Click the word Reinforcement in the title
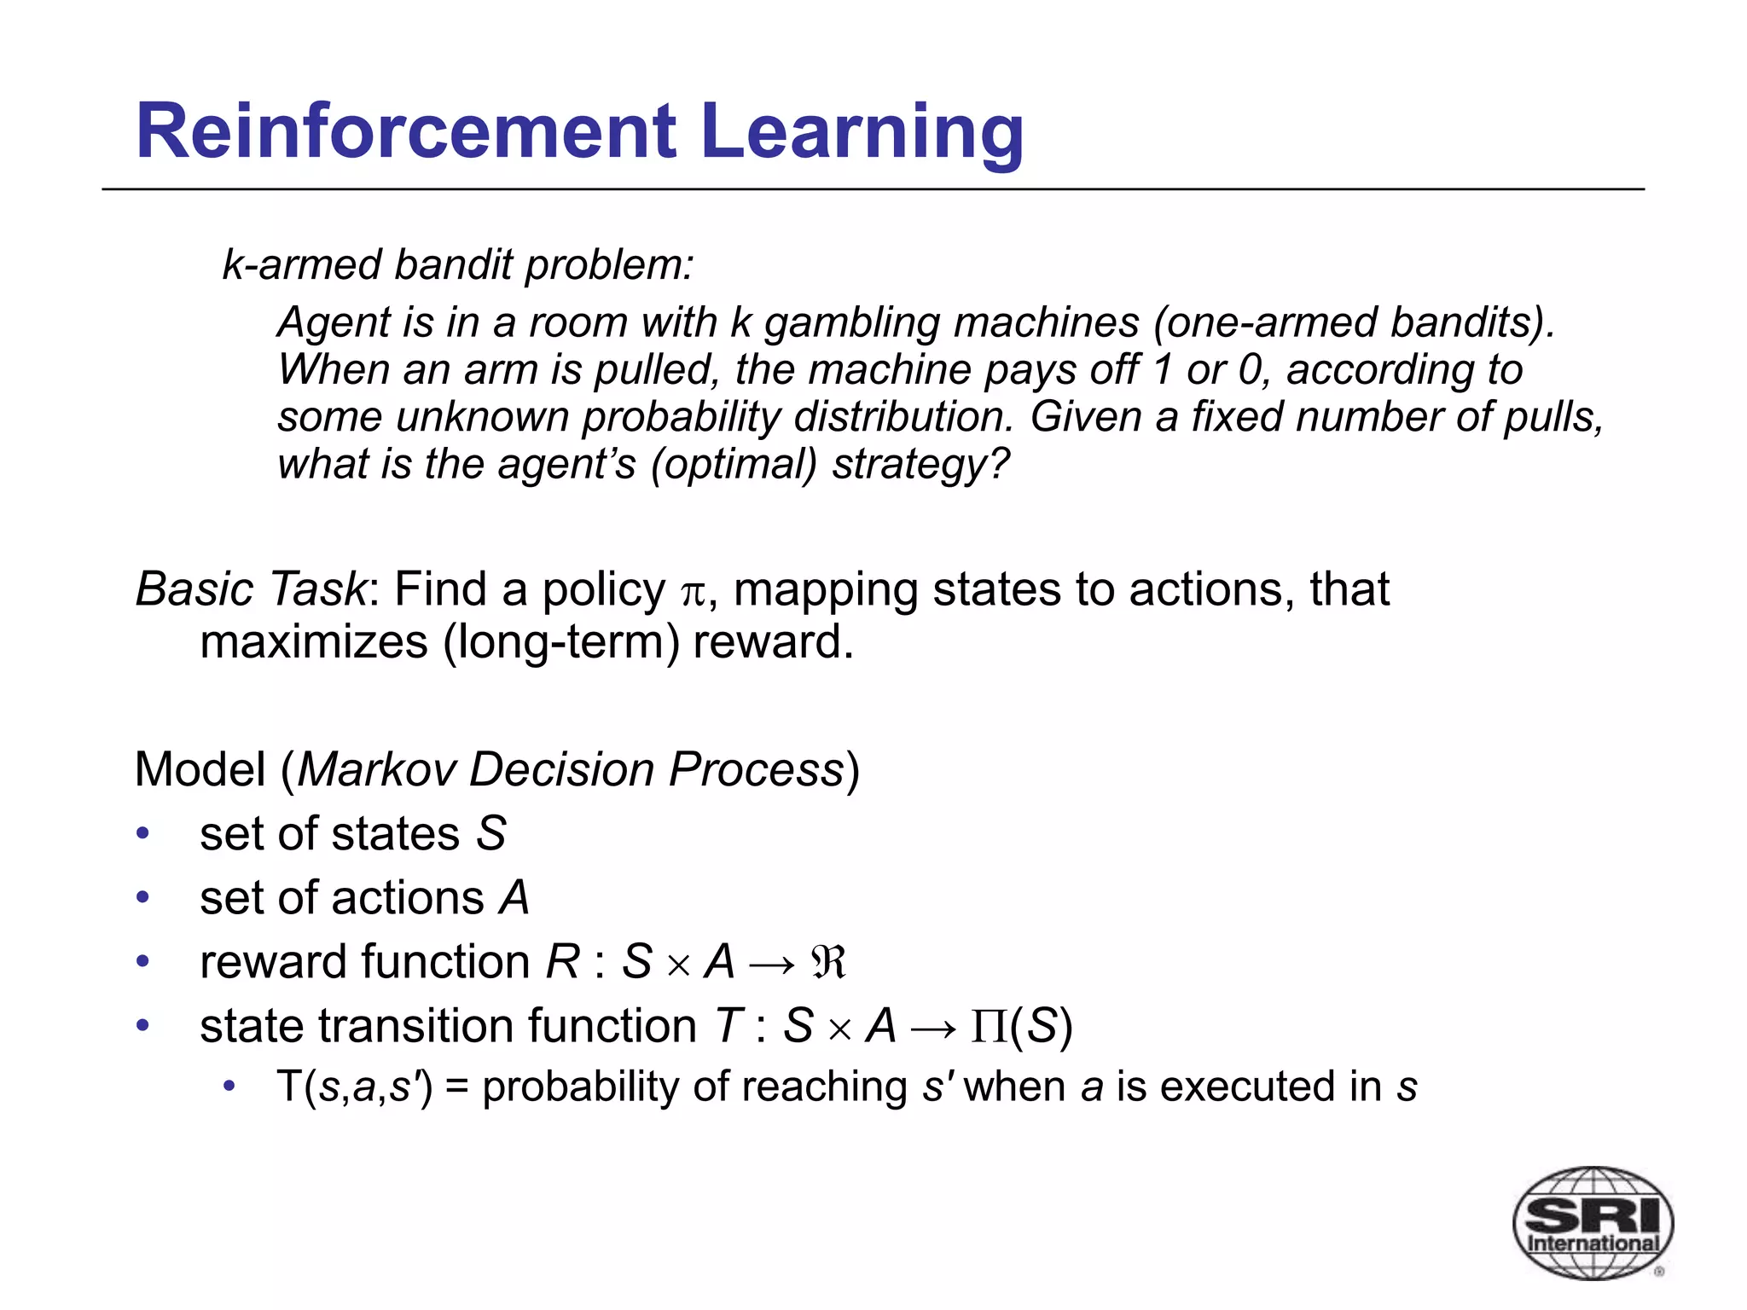coord(406,131)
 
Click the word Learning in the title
coord(862,133)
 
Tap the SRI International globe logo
coord(1593,1223)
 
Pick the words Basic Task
coord(251,589)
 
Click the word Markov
coord(376,769)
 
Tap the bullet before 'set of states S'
coord(143,833)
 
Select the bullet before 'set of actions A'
coord(143,897)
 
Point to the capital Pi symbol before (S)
coord(989,1027)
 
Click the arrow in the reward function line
coord(771,965)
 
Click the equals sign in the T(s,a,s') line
coord(456,1088)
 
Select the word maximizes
coord(314,642)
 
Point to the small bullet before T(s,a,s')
coord(229,1087)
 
